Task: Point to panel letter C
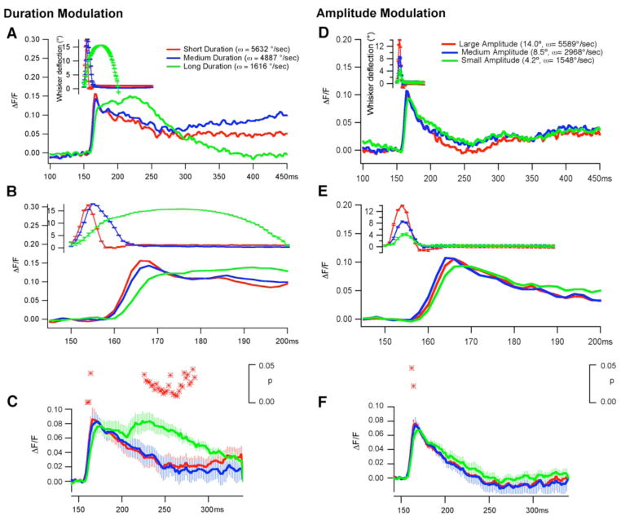11,401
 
